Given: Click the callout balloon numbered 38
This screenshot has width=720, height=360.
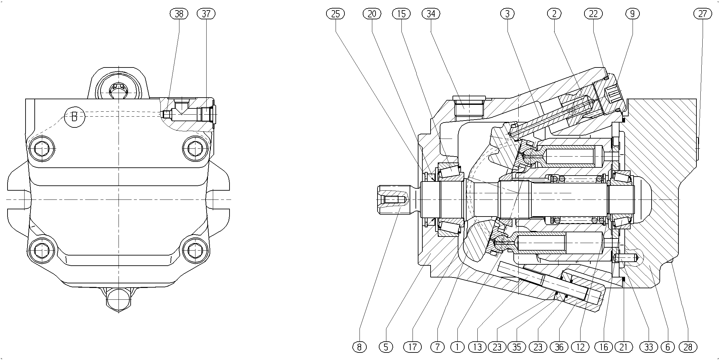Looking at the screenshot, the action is (179, 14).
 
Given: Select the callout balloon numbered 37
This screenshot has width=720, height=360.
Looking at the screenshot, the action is (206, 14).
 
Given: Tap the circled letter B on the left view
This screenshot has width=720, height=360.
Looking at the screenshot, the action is (74, 116).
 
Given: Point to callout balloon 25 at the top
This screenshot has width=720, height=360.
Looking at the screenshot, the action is (336, 14).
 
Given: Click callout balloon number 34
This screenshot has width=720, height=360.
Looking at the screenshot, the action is (431, 14).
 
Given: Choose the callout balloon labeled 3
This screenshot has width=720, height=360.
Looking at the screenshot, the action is (508, 14).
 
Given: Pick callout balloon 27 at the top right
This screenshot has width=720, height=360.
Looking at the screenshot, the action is (703, 14).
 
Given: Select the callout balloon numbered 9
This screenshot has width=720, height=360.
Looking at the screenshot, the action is (632, 14).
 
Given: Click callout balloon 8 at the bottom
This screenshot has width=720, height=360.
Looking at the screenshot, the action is (360, 347).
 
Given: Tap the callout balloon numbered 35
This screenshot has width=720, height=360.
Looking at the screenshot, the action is (517, 347).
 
